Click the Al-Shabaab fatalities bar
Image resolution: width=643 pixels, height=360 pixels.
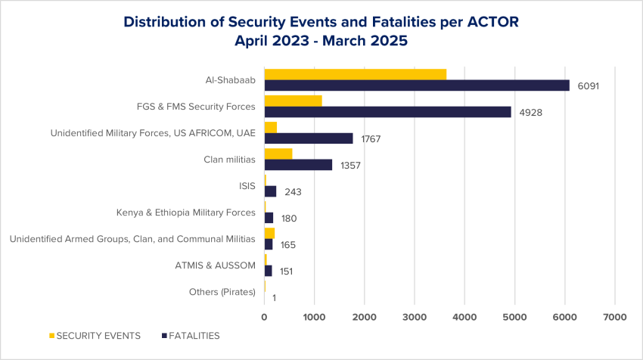tap(417, 85)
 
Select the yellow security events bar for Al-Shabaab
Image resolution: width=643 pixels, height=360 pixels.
tap(355, 74)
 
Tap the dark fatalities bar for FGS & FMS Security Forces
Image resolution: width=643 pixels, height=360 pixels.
tap(387, 112)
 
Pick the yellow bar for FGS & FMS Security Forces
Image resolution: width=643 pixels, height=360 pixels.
tap(293, 101)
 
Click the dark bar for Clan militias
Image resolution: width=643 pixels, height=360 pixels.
tap(298, 165)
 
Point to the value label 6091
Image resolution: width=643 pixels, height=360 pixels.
tap(589, 86)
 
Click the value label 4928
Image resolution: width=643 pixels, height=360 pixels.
tap(530, 113)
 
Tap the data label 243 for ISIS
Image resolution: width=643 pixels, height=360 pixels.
tap(293, 192)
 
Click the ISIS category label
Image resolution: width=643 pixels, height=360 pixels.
tap(247, 186)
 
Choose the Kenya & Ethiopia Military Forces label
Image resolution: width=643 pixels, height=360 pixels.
tap(185, 213)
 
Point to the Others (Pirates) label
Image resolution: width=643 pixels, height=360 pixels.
tap(222, 292)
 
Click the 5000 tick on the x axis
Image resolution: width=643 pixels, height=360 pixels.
tap(514, 318)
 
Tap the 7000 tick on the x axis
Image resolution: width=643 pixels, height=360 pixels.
tap(614, 318)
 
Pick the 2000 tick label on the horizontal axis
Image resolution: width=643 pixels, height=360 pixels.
tap(365, 318)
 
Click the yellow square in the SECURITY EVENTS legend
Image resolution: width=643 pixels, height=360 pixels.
tap(51, 335)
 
